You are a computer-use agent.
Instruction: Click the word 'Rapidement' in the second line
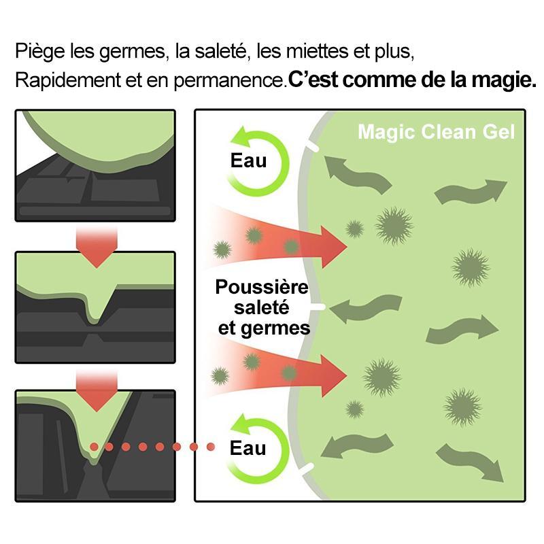coord(68,80)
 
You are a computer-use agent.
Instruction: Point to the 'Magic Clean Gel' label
coord(436,132)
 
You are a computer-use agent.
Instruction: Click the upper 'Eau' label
coord(248,160)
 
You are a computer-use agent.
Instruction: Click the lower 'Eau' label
coord(248,448)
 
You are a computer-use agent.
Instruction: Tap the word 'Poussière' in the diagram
coord(262,287)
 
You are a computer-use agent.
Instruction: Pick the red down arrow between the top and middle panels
coord(97,247)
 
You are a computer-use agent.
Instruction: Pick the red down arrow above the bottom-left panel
coord(97,390)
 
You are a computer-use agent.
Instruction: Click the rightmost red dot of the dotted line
coord(211,447)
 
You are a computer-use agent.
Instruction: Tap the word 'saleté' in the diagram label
coord(261,308)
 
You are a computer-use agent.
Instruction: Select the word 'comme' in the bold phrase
coord(379,80)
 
